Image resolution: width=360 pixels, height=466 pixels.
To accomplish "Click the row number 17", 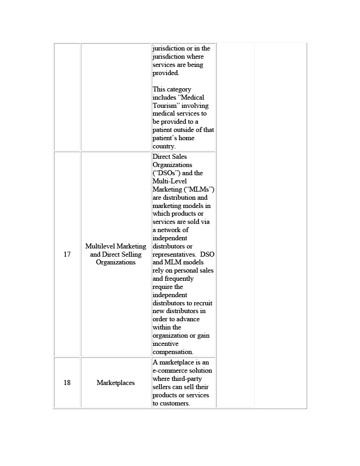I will click(x=67, y=254).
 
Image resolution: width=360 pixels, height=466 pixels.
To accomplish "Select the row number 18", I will click(x=67, y=383).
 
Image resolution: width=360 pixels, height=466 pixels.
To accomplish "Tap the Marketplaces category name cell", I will click(x=116, y=383).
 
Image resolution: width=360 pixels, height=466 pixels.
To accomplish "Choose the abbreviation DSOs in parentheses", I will click(x=167, y=173).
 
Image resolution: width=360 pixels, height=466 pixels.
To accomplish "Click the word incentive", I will click(x=166, y=344).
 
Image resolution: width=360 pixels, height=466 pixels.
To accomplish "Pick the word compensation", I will click(x=173, y=352).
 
